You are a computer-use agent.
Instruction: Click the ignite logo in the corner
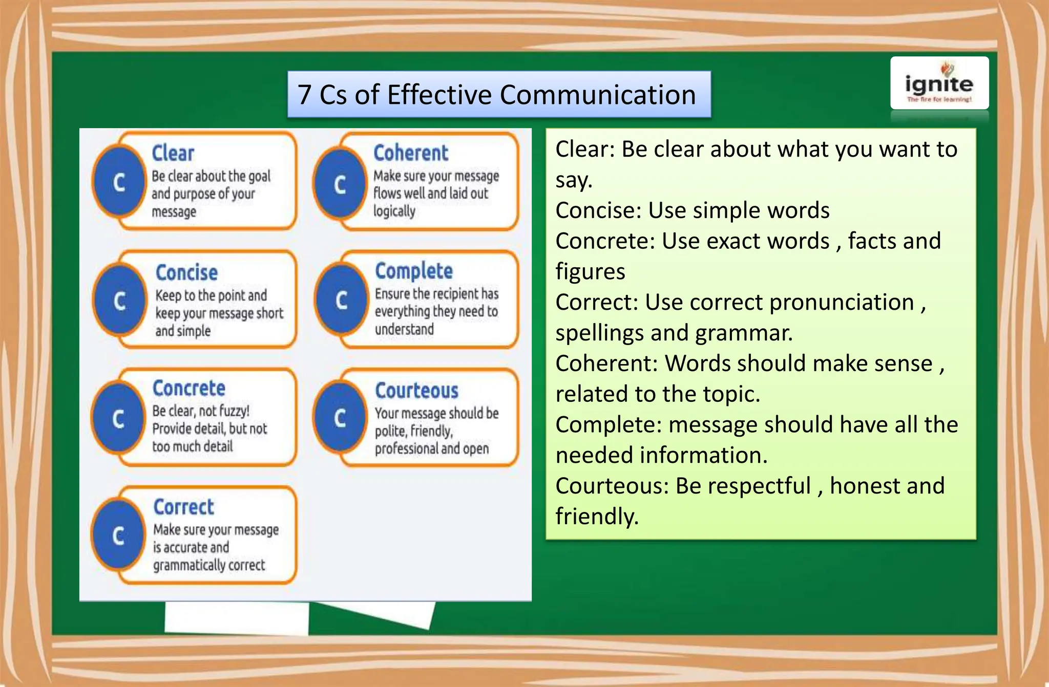939,83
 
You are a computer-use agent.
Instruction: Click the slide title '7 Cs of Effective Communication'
498,95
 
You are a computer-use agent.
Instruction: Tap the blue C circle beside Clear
119,182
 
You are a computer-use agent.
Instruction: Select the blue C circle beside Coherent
340,184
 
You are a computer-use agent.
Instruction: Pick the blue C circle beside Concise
119,300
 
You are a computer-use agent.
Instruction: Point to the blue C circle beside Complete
341,300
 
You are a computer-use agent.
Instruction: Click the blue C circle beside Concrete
118,418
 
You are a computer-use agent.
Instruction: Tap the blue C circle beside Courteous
340,418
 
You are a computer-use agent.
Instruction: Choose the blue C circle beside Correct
118,536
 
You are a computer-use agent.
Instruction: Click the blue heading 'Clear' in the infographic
173,153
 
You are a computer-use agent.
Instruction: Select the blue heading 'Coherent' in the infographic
411,153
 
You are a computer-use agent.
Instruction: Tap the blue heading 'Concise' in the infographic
186,272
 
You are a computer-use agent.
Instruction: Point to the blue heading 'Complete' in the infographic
414,271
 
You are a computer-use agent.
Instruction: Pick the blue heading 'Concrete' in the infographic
189,388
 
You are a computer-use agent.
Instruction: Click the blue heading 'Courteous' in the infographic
416,391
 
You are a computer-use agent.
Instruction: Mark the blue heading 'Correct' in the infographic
183,507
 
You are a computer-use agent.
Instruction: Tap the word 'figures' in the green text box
590,272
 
